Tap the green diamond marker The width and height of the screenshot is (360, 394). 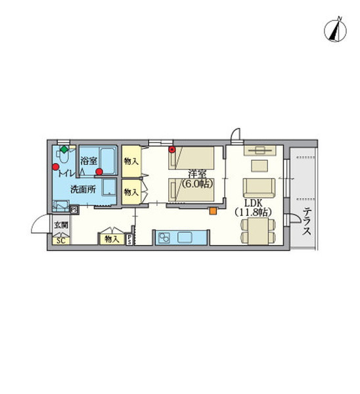[x=64, y=150]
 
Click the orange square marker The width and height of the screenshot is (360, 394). [x=212, y=211]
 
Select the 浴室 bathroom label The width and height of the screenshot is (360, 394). [x=89, y=160]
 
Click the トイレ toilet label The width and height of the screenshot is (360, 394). [x=66, y=173]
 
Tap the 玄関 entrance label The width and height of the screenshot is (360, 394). [x=60, y=225]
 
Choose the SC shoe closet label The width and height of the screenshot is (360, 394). [x=60, y=240]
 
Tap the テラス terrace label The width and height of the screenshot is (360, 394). [x=307, y=223]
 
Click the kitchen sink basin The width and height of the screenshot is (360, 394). [x=184, y=238]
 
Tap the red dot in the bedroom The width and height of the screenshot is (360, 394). [x=172, y=150]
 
